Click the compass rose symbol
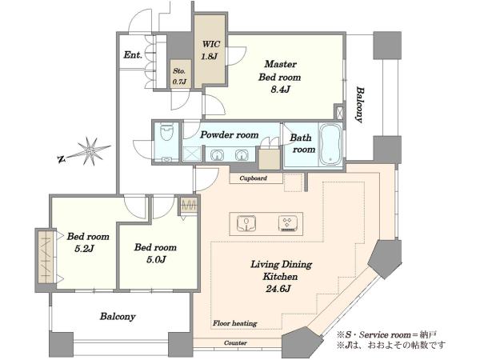click(89, 151)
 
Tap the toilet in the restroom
click(167, 132)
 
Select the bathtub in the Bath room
click(330, 144)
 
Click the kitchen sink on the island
click(246, 223)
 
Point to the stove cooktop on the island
click(288, 223)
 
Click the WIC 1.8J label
click(210, 50)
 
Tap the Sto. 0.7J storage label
click(180, 76)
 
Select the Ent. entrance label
click(133, 55)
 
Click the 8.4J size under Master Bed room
click(280, 90)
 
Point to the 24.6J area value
click(278, 288)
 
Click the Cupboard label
click(253, 178)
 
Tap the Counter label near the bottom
click(235, 343)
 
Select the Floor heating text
click(234, 323)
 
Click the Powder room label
click(230, 135)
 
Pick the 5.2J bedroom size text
click(85, 248)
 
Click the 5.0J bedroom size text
click(156, 259)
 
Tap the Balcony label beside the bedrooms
click(118, 316)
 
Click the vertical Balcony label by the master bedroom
click(360, 105)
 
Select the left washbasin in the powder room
click(218, 155)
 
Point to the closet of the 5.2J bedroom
click(46, 257)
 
